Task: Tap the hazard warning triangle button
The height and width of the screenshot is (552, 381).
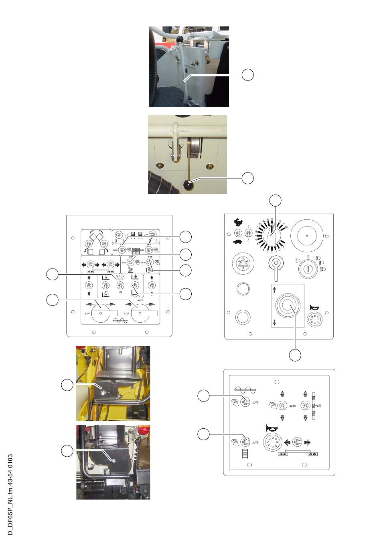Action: [243, 264]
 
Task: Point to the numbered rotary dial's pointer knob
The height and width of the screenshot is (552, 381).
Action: [273, 234]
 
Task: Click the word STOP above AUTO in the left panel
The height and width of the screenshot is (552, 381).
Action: [120, 276]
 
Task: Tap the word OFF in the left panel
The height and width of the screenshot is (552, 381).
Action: [120, 293]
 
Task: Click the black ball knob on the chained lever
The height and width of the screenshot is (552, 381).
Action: [181, 39]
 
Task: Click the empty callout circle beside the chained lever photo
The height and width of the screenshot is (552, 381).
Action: [248, 74]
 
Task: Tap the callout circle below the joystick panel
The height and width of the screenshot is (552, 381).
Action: [295, 355]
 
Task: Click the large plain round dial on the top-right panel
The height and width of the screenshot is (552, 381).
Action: [307, 236]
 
